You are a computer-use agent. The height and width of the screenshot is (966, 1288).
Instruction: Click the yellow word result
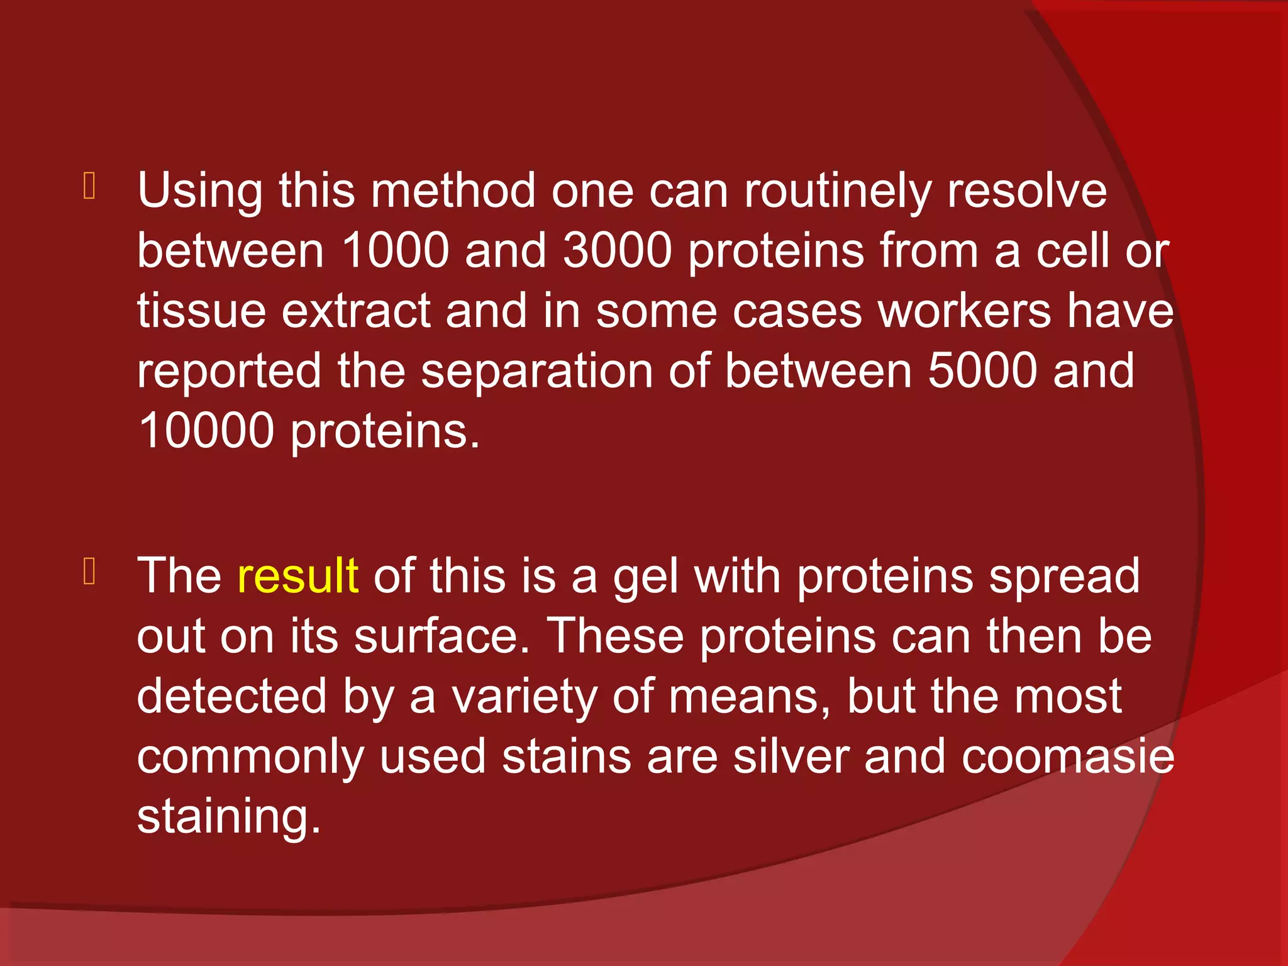(297, 575)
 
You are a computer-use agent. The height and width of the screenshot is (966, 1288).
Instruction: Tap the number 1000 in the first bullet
(395, 251)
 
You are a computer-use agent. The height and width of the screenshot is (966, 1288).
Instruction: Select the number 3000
(617, 251)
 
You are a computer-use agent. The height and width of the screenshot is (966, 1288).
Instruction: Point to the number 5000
(982, 371)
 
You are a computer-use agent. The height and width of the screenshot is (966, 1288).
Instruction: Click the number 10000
(206, 431)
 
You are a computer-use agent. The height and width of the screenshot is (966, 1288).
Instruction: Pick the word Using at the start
(200, 191)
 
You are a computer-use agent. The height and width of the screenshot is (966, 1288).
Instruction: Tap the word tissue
(201, 311)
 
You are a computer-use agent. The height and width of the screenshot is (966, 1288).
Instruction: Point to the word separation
(537, 371)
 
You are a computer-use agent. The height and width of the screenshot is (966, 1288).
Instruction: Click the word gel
(646, 577)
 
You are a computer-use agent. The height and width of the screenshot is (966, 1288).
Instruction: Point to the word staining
(228, 817)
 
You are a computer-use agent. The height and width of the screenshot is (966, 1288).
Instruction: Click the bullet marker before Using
(89, 187)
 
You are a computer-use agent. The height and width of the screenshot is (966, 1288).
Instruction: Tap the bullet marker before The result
(89, 572)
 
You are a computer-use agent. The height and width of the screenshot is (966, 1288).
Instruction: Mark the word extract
(355, 311)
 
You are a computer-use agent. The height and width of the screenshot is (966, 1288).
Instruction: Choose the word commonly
(250, 757)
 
